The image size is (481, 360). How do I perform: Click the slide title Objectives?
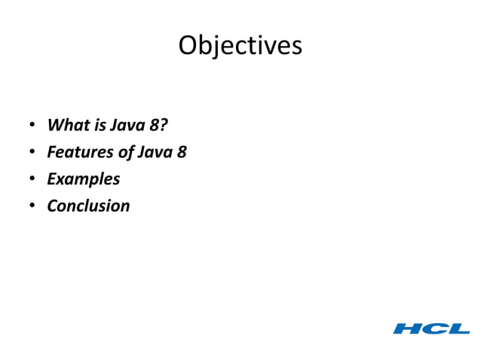240,45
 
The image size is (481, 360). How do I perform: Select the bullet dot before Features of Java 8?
32,152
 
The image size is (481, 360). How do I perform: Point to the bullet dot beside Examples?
32,179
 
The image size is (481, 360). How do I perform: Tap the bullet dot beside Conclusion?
32,206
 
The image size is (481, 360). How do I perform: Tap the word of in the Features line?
125,152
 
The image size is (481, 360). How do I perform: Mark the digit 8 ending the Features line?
182,152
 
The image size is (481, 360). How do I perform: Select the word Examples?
83,179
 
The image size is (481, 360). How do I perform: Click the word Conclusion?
88,206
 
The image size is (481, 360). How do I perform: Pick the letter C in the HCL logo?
435,328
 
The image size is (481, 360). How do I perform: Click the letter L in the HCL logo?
458,328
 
